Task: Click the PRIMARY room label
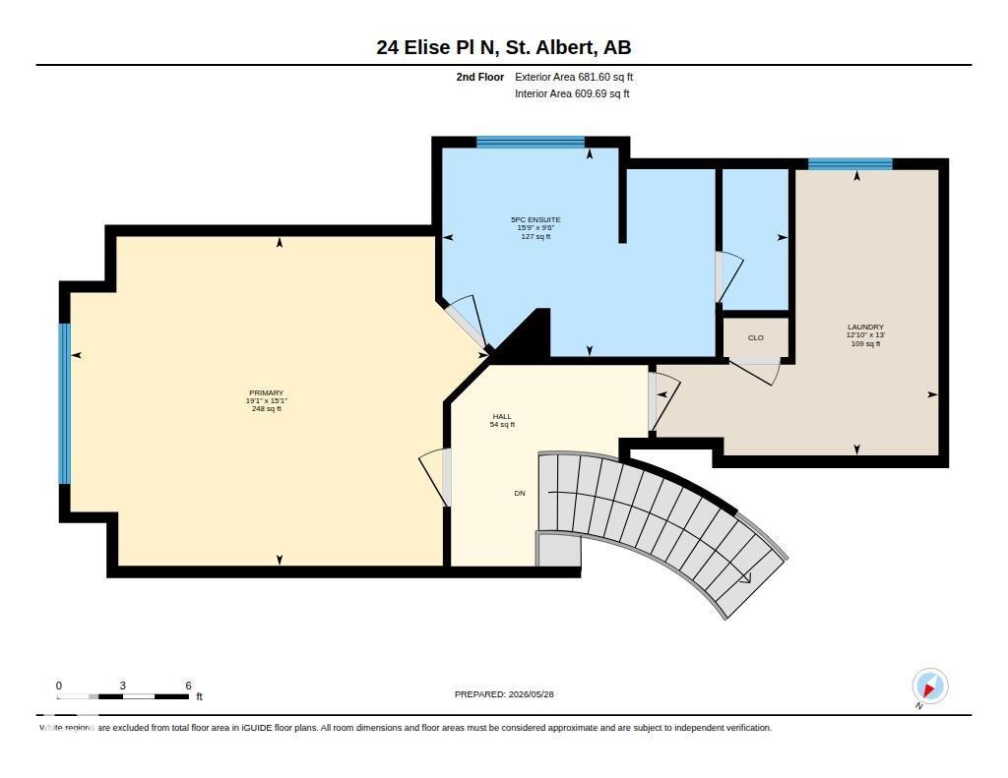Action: click(x=266, y=392)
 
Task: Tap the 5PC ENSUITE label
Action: click(x=535, y=219)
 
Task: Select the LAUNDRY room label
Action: click(x=865, y=327)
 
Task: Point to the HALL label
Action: click(x=502, y=416)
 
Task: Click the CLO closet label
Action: click(x=755, y=338)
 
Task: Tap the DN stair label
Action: click(x=520, y=494)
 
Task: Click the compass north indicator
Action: click(x=929, y=687)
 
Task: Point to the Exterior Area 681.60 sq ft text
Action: click(x=574, y=77)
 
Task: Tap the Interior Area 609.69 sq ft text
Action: click(x=572, y=93)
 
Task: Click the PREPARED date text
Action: click(x=504, y=694)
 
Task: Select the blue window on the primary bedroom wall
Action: click(x=64, y=403)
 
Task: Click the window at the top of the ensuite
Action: click(x=531, y=142)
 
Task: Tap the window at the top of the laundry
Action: click(x=850, y=164)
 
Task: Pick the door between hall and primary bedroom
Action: click(x=435, y=477)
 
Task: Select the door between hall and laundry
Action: click(x=662, y=401)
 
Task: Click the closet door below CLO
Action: click(x=753, y=371)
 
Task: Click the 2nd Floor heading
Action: click(x=480, y=77)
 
